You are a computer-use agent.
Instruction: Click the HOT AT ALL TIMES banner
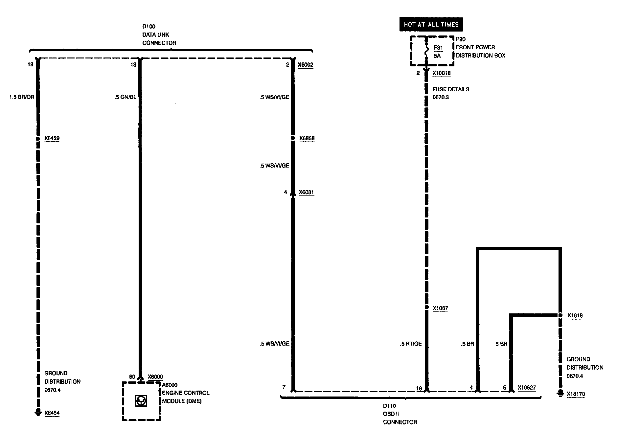click(431, 25)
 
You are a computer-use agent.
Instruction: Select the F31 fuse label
click(438, 48)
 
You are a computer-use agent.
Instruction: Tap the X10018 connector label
click(441, 73)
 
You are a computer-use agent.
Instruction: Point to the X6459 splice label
click(52, 138)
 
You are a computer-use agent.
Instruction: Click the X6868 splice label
click(307, 138)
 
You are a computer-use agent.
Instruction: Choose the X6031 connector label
click(306, 192)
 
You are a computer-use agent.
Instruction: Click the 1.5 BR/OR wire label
click(22, 97)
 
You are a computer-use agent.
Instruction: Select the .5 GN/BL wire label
click(126, 97)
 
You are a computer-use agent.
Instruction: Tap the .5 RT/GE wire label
click(411, 344)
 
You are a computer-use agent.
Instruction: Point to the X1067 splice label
click(440, 308)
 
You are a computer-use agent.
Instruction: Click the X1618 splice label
click(575, 316)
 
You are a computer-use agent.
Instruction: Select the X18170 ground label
click(576, 394)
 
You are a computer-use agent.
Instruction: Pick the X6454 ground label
click(52, 413)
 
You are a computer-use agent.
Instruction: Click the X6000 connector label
click(155, 377)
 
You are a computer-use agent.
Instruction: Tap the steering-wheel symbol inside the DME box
click(141, 401)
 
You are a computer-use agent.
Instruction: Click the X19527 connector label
click(527, 388)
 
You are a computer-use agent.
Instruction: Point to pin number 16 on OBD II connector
click(419, 389)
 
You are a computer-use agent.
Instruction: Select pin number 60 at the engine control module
click(132, 377)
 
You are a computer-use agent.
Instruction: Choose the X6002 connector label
click(306, 65)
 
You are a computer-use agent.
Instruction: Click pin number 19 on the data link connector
click(30, 65)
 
